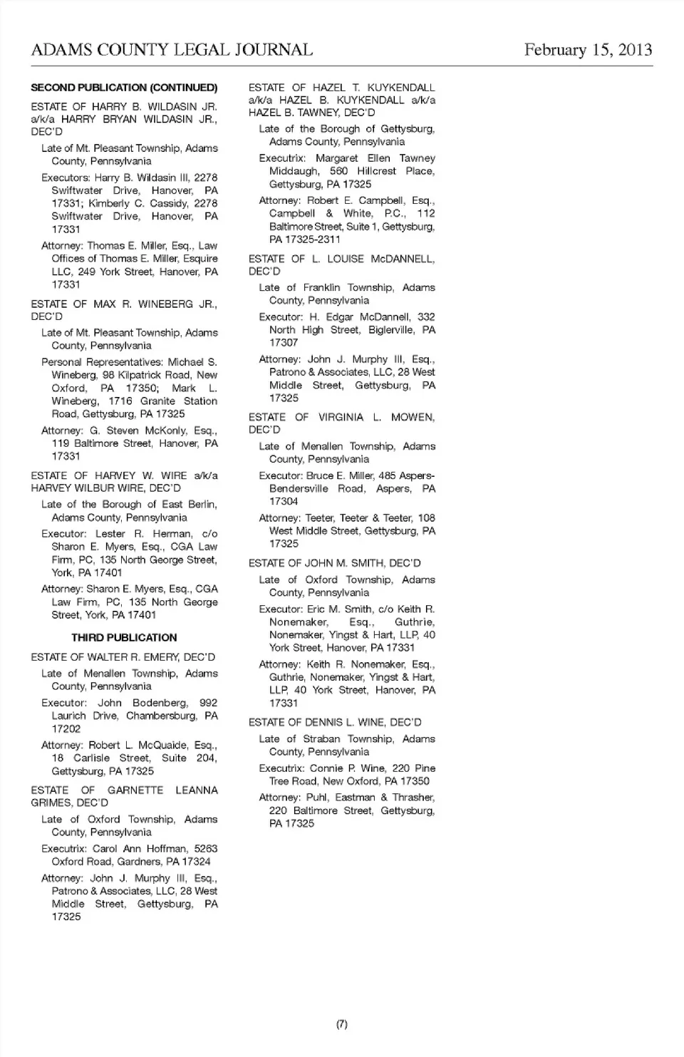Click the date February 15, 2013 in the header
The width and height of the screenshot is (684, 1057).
pyautogui.click(x=588, y=49)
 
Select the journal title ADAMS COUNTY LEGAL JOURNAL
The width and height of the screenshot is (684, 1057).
pyautogui.click(x=172, y=49)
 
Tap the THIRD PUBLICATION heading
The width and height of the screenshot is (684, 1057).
pyautogui.click(x=124, y=637)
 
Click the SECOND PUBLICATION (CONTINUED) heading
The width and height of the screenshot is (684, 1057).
pyautogui.click(x=124, y=88)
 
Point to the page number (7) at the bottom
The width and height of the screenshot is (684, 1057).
pyautogui.click(x=342, y=1024)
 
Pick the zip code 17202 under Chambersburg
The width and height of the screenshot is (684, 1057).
pyautogui.click(x=66, y=728)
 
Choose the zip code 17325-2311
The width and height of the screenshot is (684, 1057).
pyautogui.click(x=305, y=239)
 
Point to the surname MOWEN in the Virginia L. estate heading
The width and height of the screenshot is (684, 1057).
pyautogui.click(x=413, y=417)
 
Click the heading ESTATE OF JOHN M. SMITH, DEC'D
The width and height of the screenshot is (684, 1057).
pyautogui.click(x=334, y=563)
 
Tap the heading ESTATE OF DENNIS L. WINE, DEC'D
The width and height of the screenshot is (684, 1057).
pyautogui.click(x=335, y=722)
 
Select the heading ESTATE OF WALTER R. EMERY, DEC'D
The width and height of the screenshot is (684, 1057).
pyautogui.click(x=123, y=657)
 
